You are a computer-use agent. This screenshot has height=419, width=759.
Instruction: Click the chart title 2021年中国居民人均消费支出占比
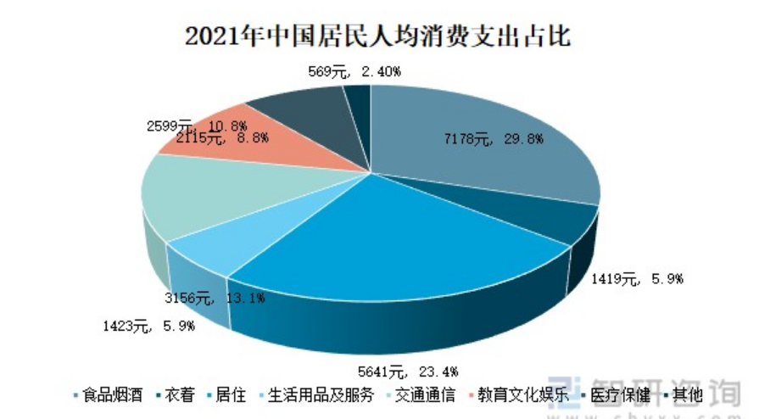pyautogui.click(x=378, y=36)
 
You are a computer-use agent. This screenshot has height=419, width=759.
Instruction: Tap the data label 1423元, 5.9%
pyautogui.click(x=148, y=325)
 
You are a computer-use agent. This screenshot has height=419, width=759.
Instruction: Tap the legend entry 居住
pyautogui.click(x=225, y=395)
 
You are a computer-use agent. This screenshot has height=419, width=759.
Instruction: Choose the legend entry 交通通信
pyautogui.click(x=421, y=395)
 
